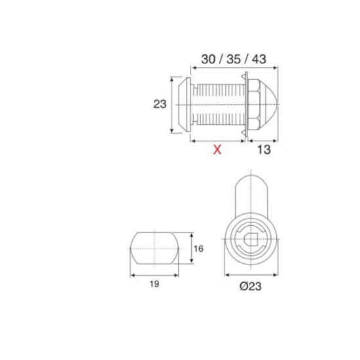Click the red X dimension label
(217, 150)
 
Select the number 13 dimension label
(264, 150)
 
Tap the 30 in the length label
(208, 59)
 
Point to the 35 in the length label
(234, 59)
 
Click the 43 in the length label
(259, 59)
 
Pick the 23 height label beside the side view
(160, 104)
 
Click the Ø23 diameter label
(251, 286)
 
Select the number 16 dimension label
(198, 249)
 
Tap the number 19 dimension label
(154, 284)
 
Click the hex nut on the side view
(253, 105)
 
